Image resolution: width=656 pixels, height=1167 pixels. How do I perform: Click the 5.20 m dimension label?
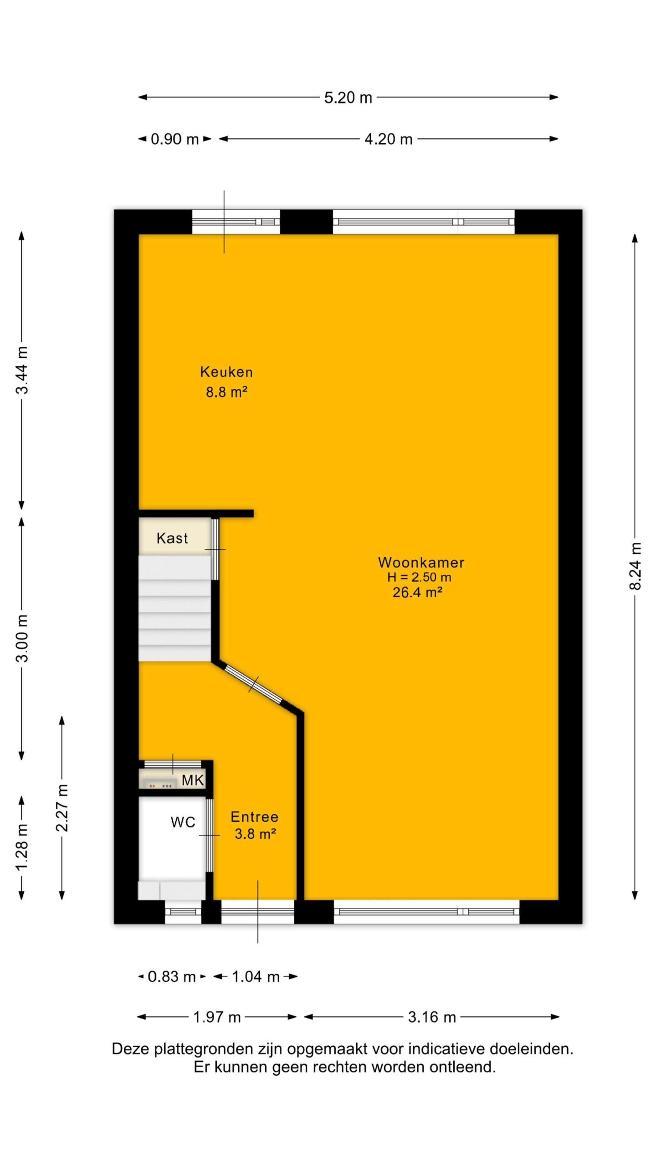348,98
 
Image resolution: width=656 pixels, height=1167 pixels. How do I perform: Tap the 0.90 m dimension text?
174,139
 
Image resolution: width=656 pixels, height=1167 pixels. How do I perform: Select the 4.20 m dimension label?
389,139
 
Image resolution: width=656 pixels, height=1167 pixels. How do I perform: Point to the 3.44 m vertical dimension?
22,370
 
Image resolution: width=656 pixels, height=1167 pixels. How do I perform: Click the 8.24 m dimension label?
635,566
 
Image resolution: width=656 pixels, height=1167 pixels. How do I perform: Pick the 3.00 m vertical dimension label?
22,638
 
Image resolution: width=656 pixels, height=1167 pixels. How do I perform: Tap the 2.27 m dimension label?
62,808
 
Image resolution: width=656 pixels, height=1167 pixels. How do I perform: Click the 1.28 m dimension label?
22,847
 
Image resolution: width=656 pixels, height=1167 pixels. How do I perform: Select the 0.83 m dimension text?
172,977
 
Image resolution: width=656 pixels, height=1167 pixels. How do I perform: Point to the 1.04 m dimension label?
256,977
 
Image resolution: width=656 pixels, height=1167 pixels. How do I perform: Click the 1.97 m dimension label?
217,1017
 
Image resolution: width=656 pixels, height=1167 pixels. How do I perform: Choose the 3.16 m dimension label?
432,1017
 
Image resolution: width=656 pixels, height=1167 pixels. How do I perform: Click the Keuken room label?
226,372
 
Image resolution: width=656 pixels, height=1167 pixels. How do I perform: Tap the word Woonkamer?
421,563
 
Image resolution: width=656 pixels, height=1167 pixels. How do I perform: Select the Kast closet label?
172,538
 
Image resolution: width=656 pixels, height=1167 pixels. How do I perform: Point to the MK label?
193,780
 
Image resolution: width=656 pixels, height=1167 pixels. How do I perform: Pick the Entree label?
255,817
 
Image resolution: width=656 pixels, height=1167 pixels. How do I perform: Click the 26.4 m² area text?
418,592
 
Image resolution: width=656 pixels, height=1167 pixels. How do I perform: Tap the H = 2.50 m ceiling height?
419,577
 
